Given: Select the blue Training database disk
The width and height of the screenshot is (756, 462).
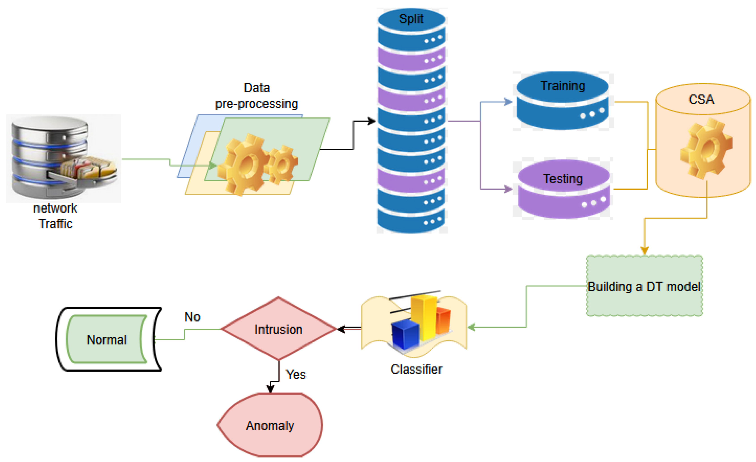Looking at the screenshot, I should click(562, 101).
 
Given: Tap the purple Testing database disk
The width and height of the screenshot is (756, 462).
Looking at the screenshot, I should click(563, 190).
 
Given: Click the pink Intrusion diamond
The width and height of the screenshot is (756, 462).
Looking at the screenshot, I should click(278, 329).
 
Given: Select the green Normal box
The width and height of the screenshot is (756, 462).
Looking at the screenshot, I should click(106, 340).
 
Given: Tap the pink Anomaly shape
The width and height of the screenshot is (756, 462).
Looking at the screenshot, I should click(270, 426).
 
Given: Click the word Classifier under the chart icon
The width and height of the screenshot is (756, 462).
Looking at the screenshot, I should click(416, 369).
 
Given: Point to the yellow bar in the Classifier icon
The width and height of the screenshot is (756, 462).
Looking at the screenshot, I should click(424, 319).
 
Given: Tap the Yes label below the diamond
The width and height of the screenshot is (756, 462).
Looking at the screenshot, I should click(296, 374).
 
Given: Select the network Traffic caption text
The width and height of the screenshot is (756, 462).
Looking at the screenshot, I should click(55, 216).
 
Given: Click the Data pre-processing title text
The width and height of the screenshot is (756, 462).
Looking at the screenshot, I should click(256, 96).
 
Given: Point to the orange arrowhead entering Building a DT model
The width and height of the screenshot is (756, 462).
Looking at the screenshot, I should click(644, 251).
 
